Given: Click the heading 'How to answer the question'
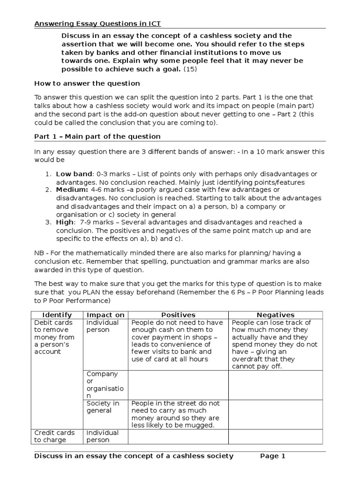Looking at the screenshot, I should click(x=87, y=83).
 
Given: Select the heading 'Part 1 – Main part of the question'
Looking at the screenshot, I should click(x=97, y=136).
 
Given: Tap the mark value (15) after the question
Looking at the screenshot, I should click(x=190, y=69).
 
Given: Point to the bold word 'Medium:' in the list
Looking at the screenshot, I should click(x=72, y=189).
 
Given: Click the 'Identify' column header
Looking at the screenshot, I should click(x=57, y=315).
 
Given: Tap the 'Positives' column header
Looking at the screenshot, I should click(x=178, y=315).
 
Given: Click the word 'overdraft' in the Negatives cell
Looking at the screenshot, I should click(x=248, y=359).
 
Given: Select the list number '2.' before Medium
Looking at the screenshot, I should click(x=48, y=189).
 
